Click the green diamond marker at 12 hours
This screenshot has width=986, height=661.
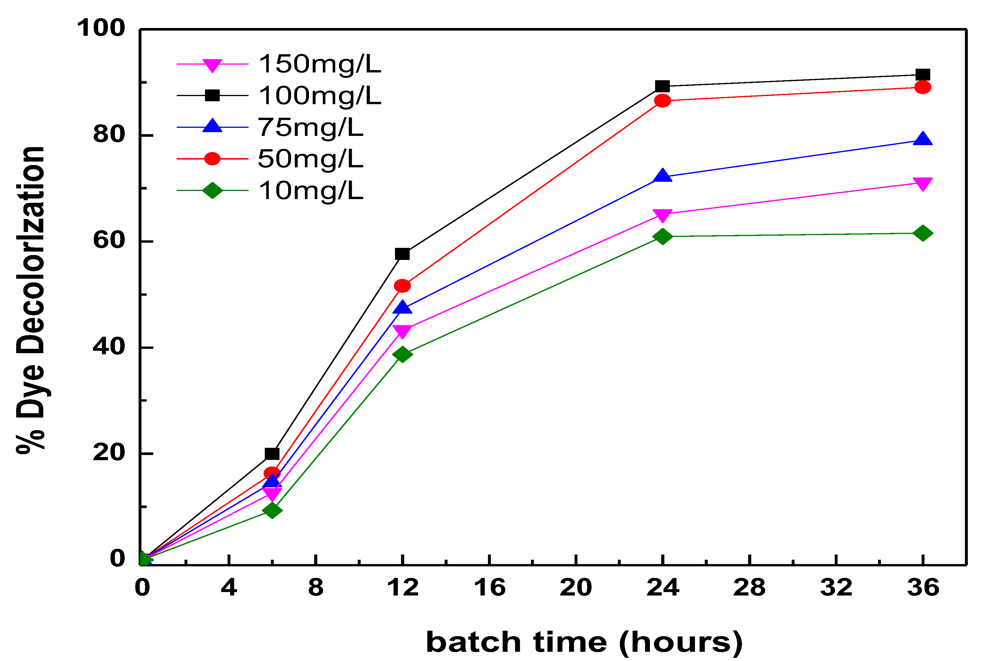pos(402,354)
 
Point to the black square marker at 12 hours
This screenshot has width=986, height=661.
pos(402,254)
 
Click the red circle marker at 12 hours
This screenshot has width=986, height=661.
pos(402,286)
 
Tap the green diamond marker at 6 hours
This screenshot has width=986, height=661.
pos(272,510)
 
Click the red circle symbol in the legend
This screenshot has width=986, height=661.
pos(212,159)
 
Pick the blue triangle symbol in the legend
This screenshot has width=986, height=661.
pos(212,126)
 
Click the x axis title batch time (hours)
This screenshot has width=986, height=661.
pos(584,643)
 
